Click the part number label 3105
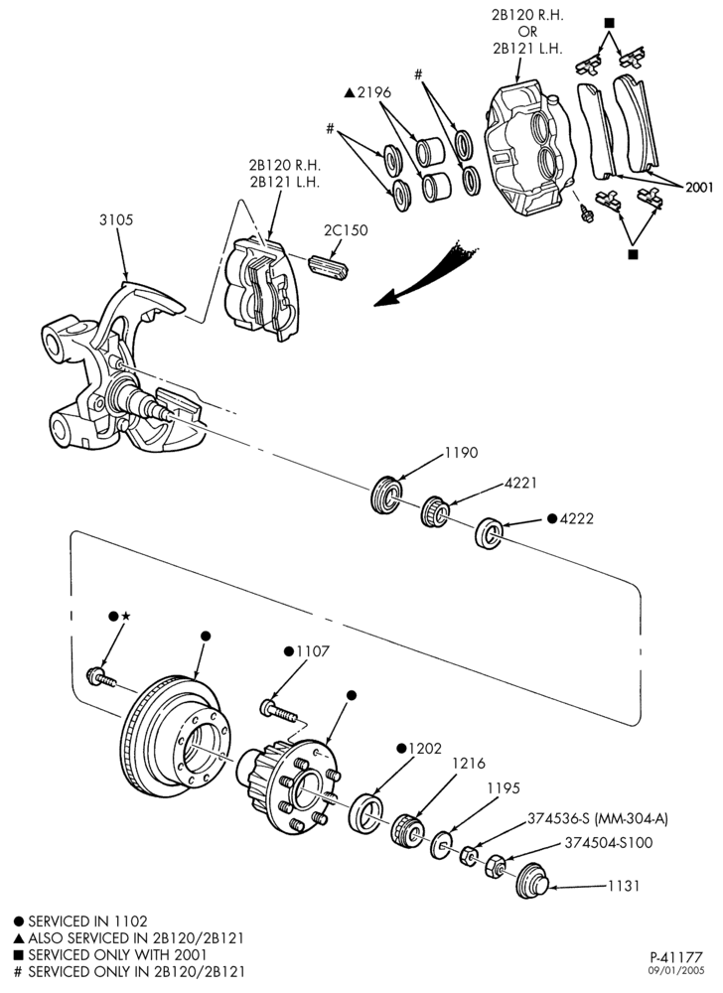(116, 220)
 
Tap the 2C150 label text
(346, 230)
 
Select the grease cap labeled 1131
(531, 881)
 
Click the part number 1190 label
(461, 454)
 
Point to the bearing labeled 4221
(436, 511)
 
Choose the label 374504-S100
(609, 843)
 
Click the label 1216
(469, 764)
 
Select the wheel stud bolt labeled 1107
(278, 710)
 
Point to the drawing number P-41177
(676, 957)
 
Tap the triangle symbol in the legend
(19, 938)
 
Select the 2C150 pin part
(329, 266)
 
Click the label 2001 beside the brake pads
(698, 188)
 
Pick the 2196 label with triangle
(367, 92)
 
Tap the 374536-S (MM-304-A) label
(598, 819)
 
